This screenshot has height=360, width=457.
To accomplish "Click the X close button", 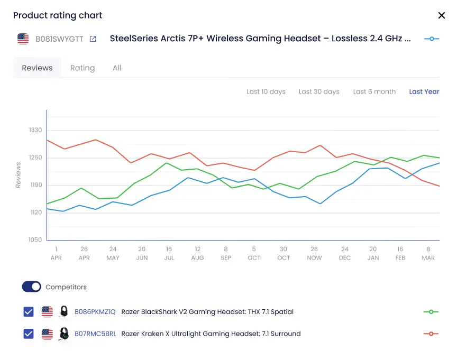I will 442,15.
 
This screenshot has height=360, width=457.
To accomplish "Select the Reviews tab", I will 37,68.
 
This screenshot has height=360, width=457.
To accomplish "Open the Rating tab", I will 83,68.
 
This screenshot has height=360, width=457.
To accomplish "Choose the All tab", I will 117,68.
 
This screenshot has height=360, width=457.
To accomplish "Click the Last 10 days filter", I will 266,91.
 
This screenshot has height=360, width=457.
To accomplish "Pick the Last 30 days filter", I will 319,91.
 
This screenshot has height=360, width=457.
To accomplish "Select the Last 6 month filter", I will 374,91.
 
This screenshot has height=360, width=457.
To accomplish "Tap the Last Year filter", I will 424,91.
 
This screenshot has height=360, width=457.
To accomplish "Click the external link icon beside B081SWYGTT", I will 93,39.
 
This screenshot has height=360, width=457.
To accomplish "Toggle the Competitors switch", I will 31,287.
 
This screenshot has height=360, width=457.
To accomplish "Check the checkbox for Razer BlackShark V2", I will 29,312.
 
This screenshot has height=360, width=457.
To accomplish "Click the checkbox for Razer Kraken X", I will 29,334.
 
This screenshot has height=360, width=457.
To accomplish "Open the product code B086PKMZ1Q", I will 95,312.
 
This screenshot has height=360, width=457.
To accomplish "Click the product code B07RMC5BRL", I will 95,334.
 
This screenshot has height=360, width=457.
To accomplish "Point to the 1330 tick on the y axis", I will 36,130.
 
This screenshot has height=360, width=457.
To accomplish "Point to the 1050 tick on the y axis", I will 36,240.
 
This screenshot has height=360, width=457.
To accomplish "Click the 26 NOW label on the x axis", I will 314,253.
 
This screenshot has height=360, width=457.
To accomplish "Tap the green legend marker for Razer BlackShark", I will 431,312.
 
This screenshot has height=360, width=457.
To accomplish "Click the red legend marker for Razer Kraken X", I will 431,334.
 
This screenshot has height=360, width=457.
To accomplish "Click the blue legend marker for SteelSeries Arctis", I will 432,39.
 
